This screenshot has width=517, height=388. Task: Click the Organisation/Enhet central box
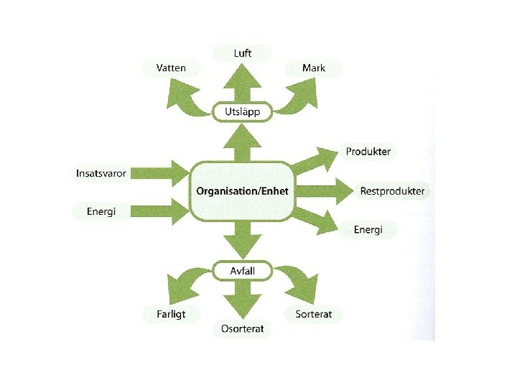coord(242,191)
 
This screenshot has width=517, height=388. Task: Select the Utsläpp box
coord(242,111)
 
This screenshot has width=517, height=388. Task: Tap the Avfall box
coord(242,272)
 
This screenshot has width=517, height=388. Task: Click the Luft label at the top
coord(242,53)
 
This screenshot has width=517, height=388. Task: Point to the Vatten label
coord(172,68)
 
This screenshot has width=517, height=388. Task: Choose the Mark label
coord(313,68)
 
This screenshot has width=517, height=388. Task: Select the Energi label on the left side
coord(101,211)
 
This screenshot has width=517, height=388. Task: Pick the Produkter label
coord(368,152)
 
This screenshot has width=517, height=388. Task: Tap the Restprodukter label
coord(392,192)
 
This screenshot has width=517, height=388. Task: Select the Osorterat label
coord(242,329)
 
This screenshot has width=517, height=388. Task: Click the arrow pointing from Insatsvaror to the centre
coord(162,172)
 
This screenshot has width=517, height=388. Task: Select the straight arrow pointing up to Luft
coord(242,83)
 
